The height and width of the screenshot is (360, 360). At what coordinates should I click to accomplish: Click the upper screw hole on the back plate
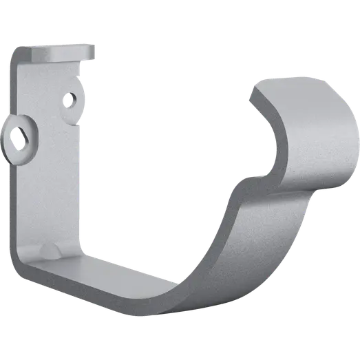click(x=71, y=99)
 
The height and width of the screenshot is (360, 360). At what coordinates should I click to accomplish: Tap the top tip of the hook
click(x=272, y=81)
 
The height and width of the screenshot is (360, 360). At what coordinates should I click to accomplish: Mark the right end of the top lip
click(x=94, y=50)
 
